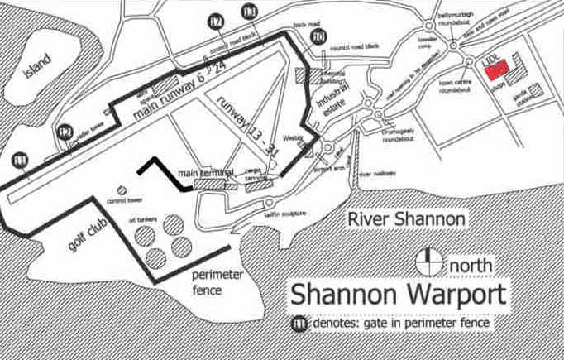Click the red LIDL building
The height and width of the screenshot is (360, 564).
pos(496,70)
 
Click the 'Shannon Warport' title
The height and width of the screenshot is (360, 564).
pos(396,295)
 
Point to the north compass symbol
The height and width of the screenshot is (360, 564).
pos(429,261)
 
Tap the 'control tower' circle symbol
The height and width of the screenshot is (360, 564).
pos(122,190)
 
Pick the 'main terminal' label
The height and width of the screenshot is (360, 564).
pos(206,173)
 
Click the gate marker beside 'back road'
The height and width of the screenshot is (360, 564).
pos(319,36)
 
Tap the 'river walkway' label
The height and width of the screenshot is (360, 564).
pos(379,175)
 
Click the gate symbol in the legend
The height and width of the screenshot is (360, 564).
pos(295,324)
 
